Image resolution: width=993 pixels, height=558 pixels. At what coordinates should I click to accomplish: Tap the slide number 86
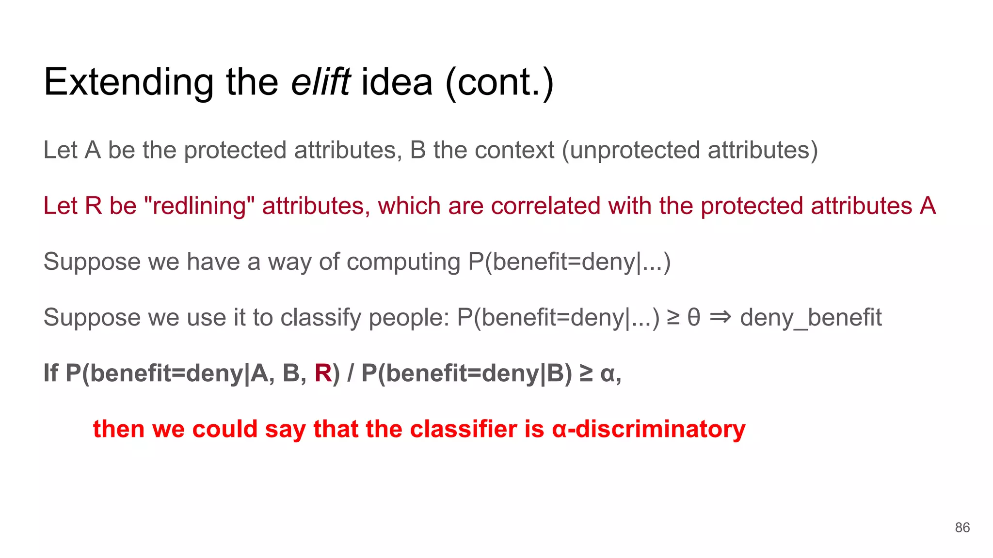pyautogui.click(x=962, y=527)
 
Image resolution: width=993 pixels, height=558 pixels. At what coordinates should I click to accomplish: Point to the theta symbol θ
pyautogui.click(x=694, y=318)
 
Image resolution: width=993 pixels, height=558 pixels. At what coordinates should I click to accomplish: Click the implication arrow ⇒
pyautogui.click(x=720, y=318)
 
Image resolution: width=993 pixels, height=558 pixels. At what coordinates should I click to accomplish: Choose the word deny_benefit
pyautogui.click(x=811, y=318)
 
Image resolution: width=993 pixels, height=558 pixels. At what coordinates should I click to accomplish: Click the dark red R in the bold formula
pyautogui.click(x=323, y=373)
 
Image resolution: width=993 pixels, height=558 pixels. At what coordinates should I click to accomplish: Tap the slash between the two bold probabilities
pyautogui.click(x=351, y=373)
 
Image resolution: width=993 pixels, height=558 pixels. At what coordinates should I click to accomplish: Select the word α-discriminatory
pyautogui.click(x=648, y=429)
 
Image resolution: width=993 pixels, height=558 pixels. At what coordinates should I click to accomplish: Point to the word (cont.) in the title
pyautogui.click(x=499, y=82)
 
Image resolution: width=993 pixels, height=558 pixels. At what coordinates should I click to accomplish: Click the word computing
pyautogui.click(x=403, y=262)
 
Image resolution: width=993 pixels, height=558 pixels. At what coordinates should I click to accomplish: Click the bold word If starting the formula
pyautogui.click(x=51, y=373)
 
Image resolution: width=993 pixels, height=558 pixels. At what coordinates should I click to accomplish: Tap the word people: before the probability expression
pyautogui.click(x=409, y=318)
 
